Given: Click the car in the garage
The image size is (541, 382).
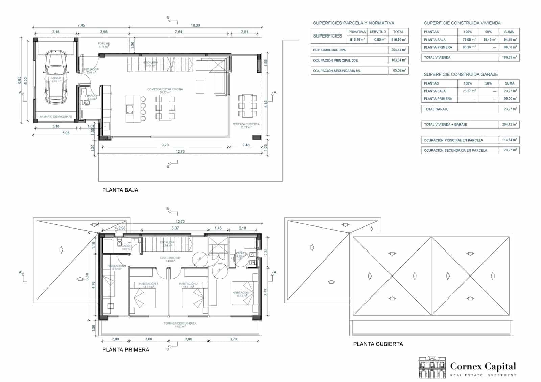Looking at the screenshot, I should click(56, 77).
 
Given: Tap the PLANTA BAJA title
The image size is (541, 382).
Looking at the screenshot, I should click(120, 190).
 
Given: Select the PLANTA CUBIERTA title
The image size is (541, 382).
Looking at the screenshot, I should click(378, 344).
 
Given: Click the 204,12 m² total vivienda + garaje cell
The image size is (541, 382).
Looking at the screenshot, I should click(509, 124).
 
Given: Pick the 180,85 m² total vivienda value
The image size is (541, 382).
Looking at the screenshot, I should click(509, 57).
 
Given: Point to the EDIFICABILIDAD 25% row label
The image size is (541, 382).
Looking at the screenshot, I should click(329, 50).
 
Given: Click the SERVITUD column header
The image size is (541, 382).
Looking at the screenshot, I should click(378, 32).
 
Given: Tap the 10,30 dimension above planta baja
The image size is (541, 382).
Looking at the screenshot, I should click(195, 25).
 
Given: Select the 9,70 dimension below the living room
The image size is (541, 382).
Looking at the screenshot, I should click(165, 145).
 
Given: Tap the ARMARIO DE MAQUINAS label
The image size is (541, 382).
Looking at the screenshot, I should click(56, 117).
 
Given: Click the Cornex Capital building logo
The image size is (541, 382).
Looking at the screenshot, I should click(432, 367).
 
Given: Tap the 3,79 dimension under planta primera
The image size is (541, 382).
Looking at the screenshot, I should click(233, 339).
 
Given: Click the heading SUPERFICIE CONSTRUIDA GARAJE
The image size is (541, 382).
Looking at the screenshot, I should click(461, 74).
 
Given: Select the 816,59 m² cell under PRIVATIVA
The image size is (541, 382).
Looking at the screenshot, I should click(357, 40).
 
